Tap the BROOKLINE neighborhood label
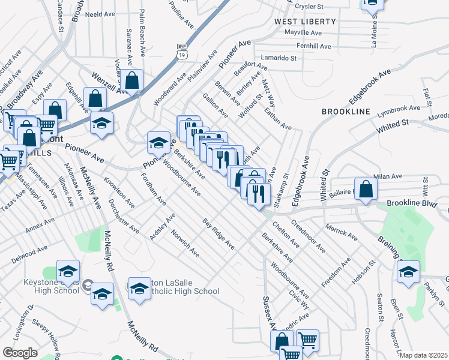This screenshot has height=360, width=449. coord(346,112)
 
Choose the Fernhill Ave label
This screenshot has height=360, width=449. coord(313,46)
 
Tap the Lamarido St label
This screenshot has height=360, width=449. coord(280,58)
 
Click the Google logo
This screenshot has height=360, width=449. coord(20,352)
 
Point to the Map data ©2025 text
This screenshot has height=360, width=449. coord(423,355)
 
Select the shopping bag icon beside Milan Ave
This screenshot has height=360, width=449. coord(366,188)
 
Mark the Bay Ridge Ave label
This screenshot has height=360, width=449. coord(218,235)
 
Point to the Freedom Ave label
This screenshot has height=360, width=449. coord(337,272)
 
